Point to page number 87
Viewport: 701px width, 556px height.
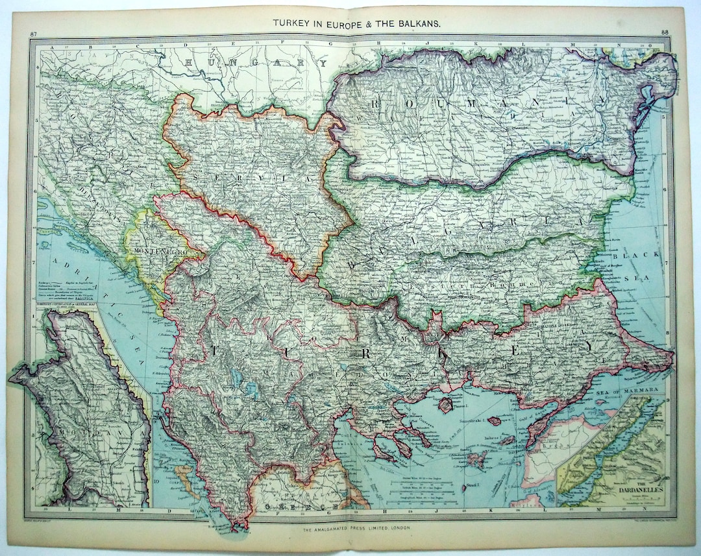click(x=34, y=34)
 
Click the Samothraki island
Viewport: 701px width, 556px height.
click(x=495, y=420)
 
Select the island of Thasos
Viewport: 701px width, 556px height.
click(x=447, y=404)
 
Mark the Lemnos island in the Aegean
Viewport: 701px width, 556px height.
click(x=476, y=459)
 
